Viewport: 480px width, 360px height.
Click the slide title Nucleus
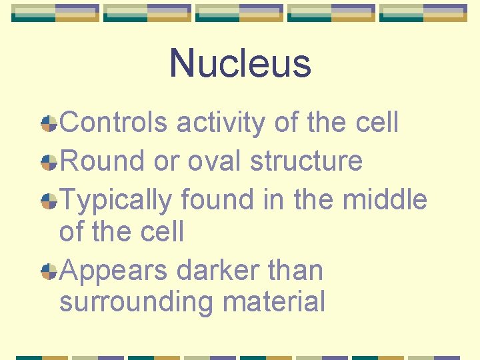coord(240,63)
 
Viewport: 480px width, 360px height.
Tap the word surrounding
coord(137,302)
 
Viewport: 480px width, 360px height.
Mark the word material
coord(275,302)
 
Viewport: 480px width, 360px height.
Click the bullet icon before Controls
coord(48,123)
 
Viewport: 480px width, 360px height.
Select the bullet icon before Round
coord(48,161)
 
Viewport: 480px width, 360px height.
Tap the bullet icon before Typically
coord(48,200)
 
